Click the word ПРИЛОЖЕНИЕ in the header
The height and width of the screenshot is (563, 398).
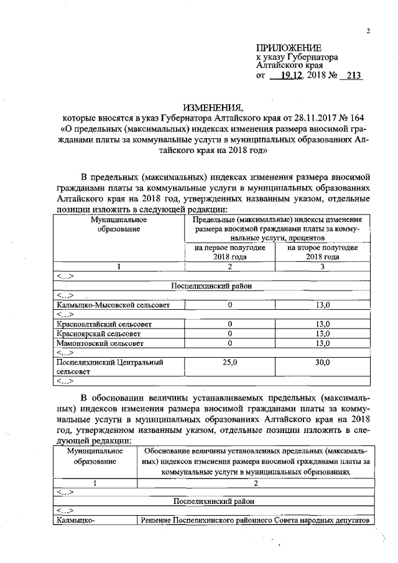click(x=289, y=48)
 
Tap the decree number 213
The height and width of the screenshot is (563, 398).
click(x=353, y=75)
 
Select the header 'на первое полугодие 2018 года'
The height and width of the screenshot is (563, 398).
click(x=230, y=252)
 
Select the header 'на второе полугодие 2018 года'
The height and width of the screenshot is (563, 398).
click(x=322, y=252)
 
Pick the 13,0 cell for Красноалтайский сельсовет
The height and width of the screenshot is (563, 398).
click(x=322, y=324)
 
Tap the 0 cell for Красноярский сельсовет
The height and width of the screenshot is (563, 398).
click(x=230, y=333)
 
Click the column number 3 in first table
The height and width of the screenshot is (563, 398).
click(x=322, y=266)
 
